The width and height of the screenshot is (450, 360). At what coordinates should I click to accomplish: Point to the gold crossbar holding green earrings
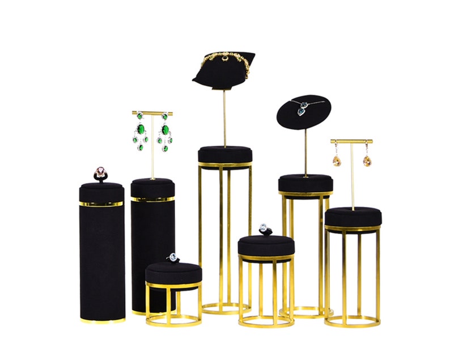click(152, 113)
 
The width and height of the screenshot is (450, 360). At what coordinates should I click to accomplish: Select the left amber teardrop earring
click(337, 159)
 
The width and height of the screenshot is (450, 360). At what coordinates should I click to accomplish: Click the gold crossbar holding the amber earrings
click(351, 141)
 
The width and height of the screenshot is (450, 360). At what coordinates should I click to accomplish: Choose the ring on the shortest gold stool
click(173, 259)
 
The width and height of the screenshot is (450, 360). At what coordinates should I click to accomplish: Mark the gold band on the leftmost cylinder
click(101, 204)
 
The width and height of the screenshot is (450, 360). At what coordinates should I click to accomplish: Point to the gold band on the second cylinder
click(152, 199)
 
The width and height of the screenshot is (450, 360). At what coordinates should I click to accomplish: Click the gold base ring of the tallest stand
click(225, 309)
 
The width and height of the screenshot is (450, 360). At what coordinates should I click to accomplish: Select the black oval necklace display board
click(303, 112)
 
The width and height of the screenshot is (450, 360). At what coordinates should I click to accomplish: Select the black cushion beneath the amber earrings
click(353, 216)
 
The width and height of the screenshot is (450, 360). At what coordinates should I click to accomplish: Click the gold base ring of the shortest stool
click(173, 320)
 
